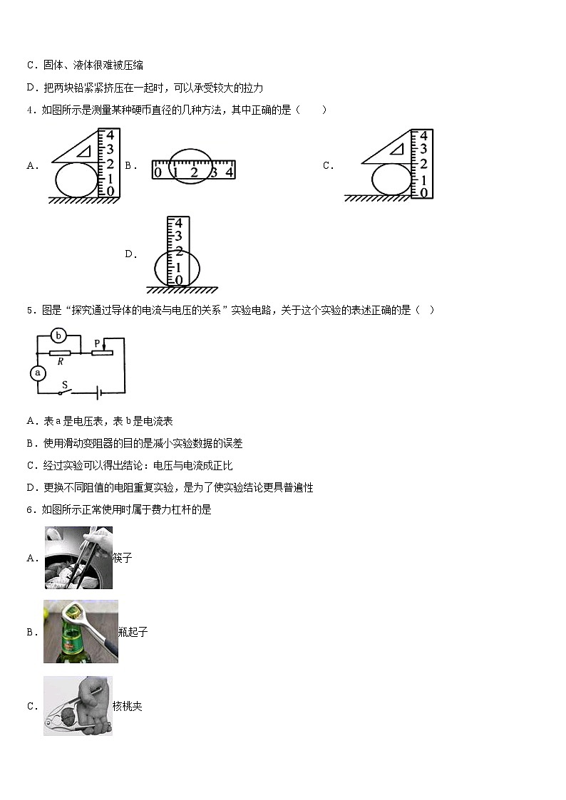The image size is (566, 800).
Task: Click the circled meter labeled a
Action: click(x=38, y=373)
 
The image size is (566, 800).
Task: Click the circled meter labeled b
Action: click(x=61, y=335)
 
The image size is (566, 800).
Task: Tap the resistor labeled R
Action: click(x=60, y=352)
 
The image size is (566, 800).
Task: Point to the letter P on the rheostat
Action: click(x=97, y=343)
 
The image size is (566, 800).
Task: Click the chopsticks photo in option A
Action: click(x=78, y=558)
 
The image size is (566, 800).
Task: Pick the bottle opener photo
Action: click(x=81, y=632)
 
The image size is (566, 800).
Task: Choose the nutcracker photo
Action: click(x=77, y=706)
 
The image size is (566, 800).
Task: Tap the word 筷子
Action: click(x=123, y=559)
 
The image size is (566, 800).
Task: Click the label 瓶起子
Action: click(x=133, y=633)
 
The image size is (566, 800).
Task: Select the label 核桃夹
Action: click(x=128, y=707)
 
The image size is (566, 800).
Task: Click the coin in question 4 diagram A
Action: click(x=75, y=180)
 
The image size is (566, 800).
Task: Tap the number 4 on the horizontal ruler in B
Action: click(x=229, y=172)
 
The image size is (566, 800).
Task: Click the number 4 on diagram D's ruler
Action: click(x=179, y=222)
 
